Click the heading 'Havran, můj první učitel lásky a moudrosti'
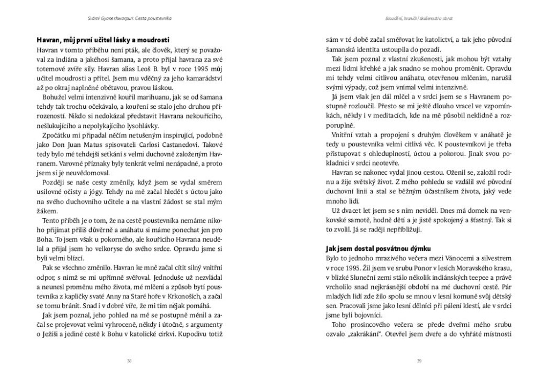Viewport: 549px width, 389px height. pyautogui.click(x=103, y=40)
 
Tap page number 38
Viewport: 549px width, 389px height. pyautogui.click(x=129, y=361)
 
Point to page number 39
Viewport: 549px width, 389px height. pyautogui.click(x=419, y=361)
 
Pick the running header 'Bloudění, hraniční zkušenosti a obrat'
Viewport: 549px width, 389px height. pyautogui.click(x=420, y=18)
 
